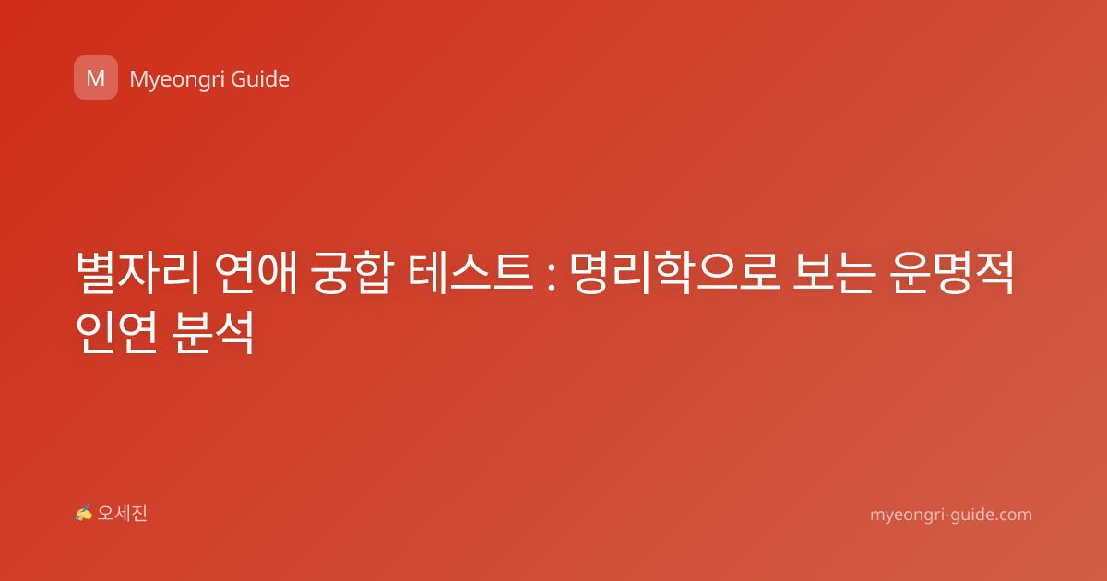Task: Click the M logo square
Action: (x=96, y=77)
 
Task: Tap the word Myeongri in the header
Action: (x=176, y=80)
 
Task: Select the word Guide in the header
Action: (x=260, y=79)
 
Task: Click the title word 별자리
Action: (x=137, y=273)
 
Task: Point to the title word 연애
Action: (x=256, y=273)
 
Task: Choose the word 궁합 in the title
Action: (x=351, y=273)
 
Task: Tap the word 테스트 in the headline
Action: (x=471, y=273)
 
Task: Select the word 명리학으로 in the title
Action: (x=674, y=273)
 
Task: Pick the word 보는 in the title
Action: (x=834, y=273)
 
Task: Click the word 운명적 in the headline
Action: (x=951, y=273)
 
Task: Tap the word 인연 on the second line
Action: (x=117, y=332)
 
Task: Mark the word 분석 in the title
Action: (x=213, y=332)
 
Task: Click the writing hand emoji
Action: (x=84, y=513)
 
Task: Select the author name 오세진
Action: (x=122, y=514)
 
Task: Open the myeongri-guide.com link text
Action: (x=951, y=516)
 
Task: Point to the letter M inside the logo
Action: (x=96, y=78)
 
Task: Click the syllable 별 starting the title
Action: (x=97, y=273)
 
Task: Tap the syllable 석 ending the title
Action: (x=234, y=332)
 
